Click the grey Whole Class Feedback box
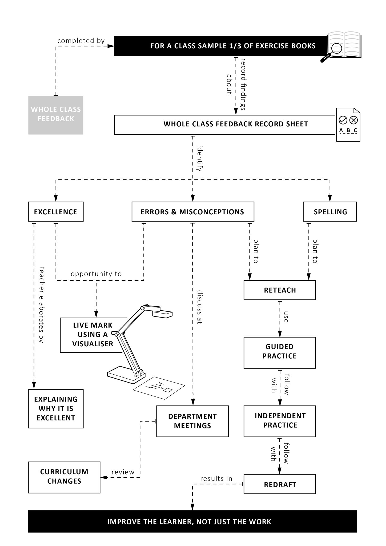point(56,115)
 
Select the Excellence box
point(56,212)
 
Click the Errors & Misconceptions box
point(192,212)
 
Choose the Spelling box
point(330,212)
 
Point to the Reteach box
point(280,290)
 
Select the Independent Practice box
point(280,420)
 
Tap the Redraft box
point(280,484)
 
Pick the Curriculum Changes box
point(64,476)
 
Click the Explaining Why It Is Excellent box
point(56,409)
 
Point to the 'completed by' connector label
point(81,41)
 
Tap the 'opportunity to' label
point(96,274)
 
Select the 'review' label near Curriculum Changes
point(123,472)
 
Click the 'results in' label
point(216,479)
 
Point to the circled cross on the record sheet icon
point(353,120)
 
